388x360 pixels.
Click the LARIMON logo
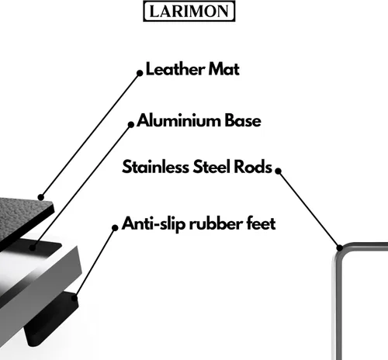tap(189, 11)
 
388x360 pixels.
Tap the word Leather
tap(175, 69)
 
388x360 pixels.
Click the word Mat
tap(224, 69)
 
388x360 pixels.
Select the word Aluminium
tap(179, 120)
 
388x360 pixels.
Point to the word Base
tap(243, 120)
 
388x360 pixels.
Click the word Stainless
tap(156, 167)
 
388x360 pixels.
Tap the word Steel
tap(212, 167)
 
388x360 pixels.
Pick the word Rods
tap(253, 167)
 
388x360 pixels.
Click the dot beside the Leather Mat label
tap(140, 73)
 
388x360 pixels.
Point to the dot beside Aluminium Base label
tap(131, 125)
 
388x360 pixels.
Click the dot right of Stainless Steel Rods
tap(278, 171)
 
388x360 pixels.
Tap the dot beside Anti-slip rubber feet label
tap(115, 227)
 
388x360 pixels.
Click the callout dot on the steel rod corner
tap(340, 247)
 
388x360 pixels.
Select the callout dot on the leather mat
tap(40, 197)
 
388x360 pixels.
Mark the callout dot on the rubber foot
tap(74, 298)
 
